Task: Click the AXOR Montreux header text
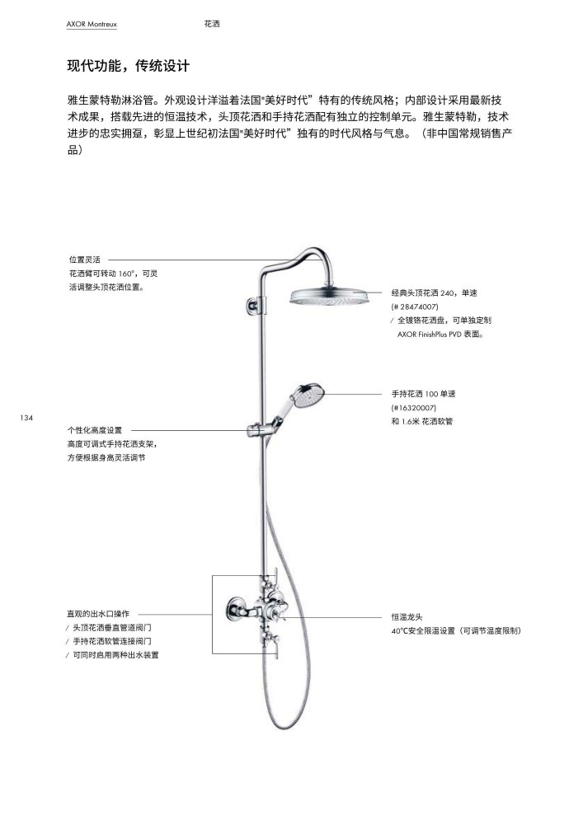tap(92, 24)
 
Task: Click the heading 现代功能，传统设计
tap(129, 66)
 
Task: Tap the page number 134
tap(26, 418)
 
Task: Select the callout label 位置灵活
tap(85, 260)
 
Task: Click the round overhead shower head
tap(330, 297)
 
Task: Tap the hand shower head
tap(308, 396)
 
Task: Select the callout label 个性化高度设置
tap(95, 430)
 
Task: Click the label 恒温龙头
tap(407, 617)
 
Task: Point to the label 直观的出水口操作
tap(98, 614)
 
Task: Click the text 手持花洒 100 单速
tap(423, 394)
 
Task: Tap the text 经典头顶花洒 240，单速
tap(435, 293)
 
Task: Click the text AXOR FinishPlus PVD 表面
tap(440, 334)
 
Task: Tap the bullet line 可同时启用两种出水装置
tap(115, 655)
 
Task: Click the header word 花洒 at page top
tap(212, 24)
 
